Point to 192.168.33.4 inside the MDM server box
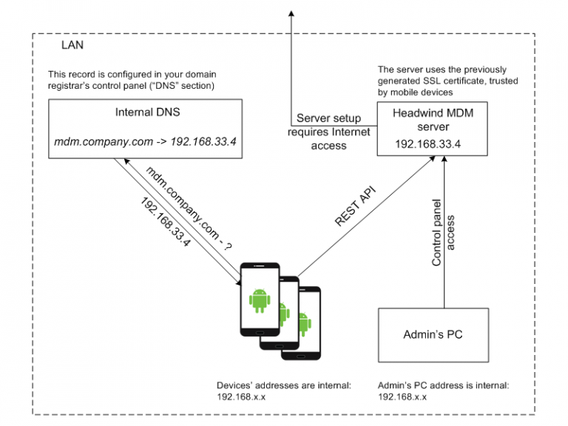pyautogui.click(x=428, y=144)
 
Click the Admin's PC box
pyautogui.click(x=433, y=334)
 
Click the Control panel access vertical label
pyautogui.click(x=442, y=231)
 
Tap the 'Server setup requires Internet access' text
pyautogui.click(x=329, y=132)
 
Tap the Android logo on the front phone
pyautogui.click(x=258, y=299)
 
